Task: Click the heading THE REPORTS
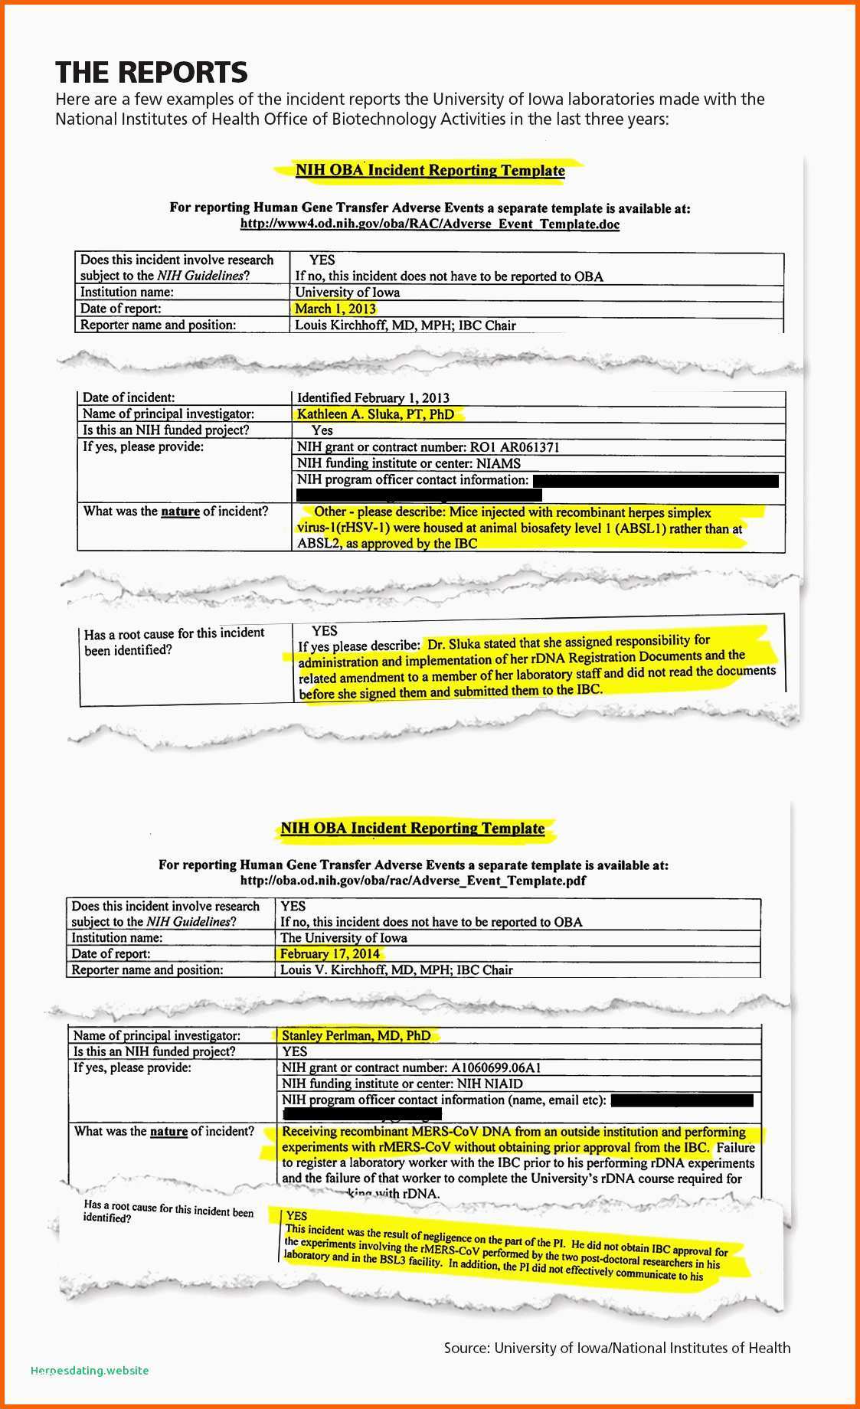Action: coord(152,72)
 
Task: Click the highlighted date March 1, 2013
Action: coord(335,309)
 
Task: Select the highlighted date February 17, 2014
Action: coord(330,953)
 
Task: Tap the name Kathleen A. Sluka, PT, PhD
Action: coord(375,414)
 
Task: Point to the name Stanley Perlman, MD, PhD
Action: coord(356,1035)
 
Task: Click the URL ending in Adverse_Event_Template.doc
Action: coord(430,224)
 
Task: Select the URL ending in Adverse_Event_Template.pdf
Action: coord(413,881)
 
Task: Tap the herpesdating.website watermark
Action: coord(90,1370)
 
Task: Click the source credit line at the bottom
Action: coord(617,1347)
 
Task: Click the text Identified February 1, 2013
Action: coord(373,397)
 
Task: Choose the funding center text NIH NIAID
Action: coord(489,1084)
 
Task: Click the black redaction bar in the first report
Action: coord(656,481)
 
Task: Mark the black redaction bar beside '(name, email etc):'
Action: coord(682,1100)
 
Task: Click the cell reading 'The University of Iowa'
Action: coord(344,937)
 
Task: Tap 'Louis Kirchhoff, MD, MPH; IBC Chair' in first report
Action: coord(405,325)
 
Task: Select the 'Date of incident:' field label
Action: coord(129,397)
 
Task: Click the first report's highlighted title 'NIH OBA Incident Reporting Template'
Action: coord(430,170)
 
